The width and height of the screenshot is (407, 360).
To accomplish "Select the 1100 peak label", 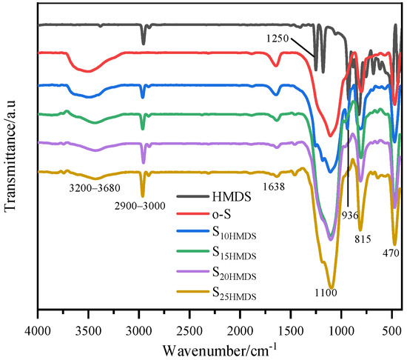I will point(324,294).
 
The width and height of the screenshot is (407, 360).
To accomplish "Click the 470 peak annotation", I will point(391,253).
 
